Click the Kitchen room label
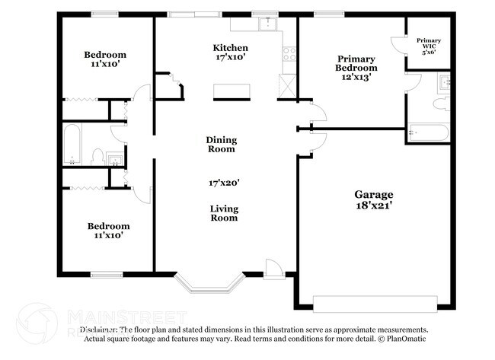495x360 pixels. (x=230, y=47)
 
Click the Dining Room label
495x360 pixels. (x=222, y=144)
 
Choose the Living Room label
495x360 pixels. (x=224, y=213)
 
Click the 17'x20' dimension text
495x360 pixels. (x=224, y=183)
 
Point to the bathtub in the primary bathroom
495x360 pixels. (x=428, y=132)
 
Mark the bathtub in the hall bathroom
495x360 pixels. (x=72, y=145)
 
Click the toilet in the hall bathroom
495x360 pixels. (x=97, y=156)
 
